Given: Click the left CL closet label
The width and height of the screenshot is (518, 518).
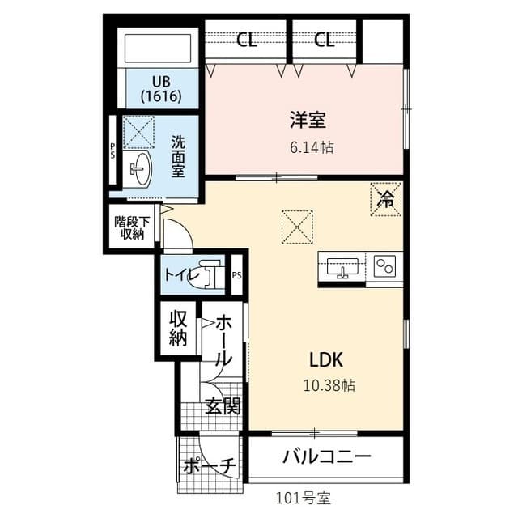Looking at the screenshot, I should [x=247, y=40].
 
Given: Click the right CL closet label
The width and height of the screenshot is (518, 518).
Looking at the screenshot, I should [x=324, y=40].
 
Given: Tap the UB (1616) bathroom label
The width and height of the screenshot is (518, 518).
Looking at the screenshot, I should [x=160, y=88].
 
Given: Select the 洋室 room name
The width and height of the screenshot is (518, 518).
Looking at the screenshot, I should [x=308, y=121].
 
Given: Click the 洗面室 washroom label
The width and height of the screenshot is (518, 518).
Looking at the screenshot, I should [x=178, y=155].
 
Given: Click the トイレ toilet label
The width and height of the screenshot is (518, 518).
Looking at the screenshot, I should [x=179, y=274].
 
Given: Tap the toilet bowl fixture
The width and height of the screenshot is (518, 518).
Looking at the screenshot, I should [x=210, y=274].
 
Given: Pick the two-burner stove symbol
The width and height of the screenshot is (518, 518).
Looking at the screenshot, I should [x=384, y=266].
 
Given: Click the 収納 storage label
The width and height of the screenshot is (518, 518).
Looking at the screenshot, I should [x=178, y=328].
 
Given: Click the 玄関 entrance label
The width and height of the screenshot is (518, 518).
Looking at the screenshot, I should [x=222, y=406].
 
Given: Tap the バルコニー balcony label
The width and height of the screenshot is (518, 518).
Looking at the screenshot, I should [x=326, y=457].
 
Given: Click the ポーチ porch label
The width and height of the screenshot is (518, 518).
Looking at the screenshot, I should [x=208, y=466].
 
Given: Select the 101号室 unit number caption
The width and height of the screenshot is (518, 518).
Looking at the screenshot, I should [x=304, y=496].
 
